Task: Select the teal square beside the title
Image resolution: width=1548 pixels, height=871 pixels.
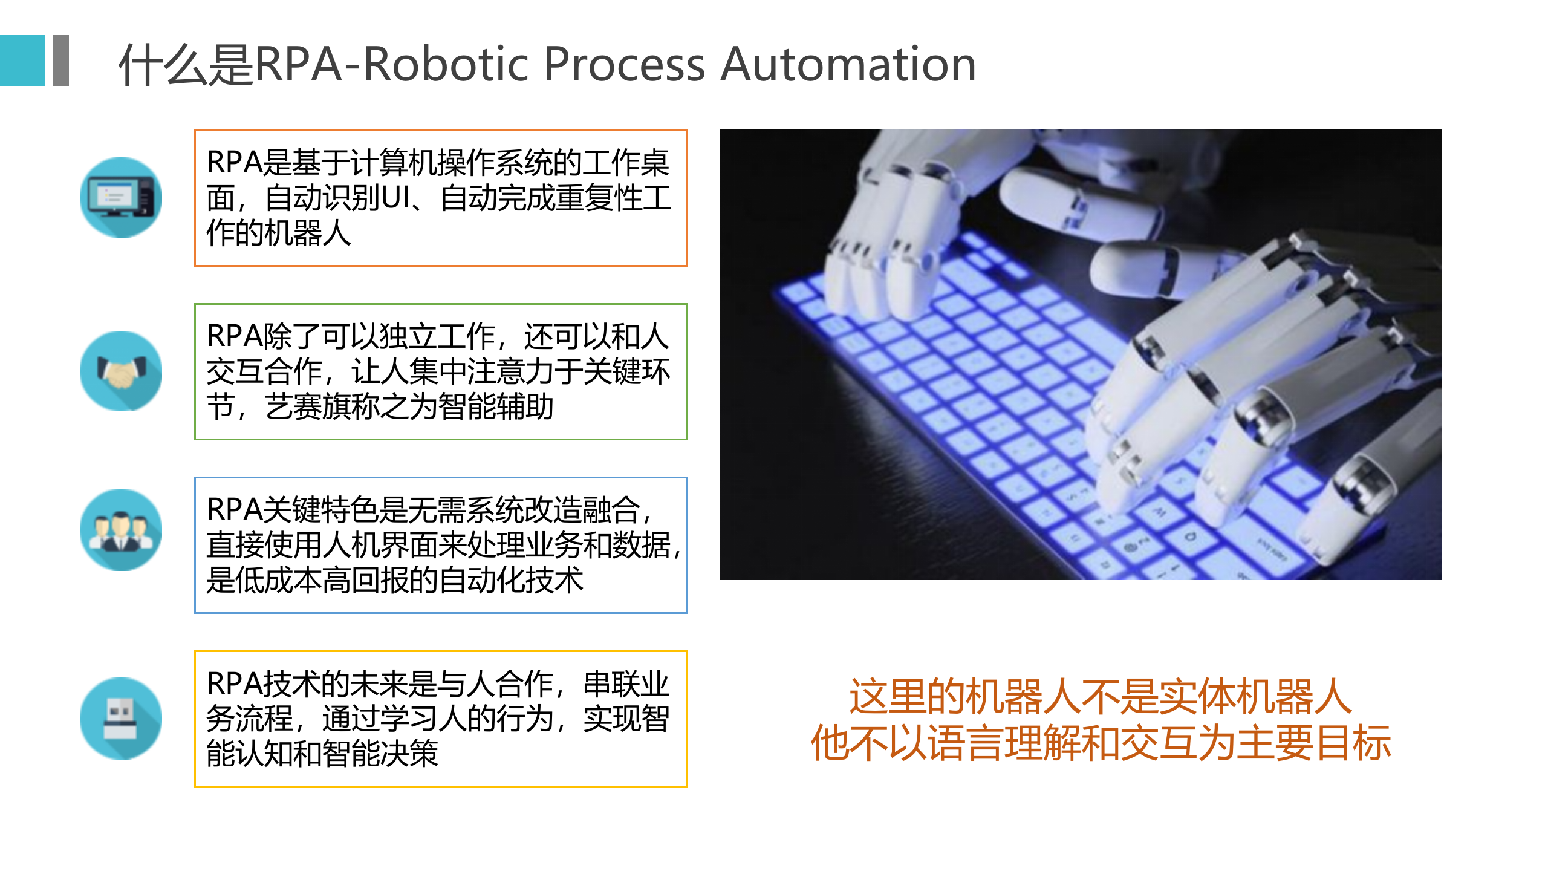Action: (22, 60)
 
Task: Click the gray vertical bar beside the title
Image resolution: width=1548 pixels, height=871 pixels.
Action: (61, 60)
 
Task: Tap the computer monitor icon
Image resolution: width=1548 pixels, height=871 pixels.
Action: (121, 197)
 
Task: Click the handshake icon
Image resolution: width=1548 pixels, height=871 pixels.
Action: (121, 371)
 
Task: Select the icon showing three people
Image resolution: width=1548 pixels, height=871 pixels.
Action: (121, 530)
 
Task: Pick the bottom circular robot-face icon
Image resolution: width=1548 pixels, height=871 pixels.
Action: (121, 719)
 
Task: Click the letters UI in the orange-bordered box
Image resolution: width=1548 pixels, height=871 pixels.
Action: (396, 198)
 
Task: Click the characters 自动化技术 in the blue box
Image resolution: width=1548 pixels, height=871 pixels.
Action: (511, 580)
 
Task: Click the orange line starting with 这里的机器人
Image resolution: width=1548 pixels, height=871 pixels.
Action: (1101, 696)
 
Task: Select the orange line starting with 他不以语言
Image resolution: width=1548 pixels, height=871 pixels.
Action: (1101, 743)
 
